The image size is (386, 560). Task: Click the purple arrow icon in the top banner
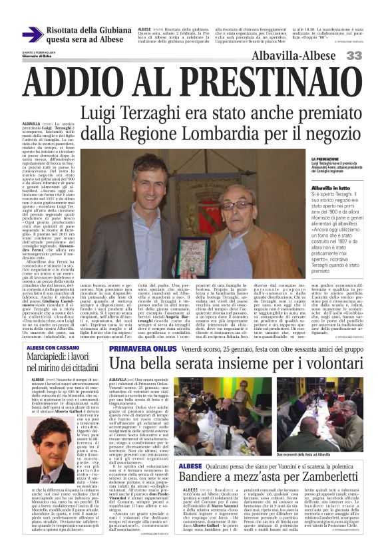[32, 35]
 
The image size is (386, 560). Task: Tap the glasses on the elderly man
[240, 205]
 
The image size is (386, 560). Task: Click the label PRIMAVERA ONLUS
[136, 348]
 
